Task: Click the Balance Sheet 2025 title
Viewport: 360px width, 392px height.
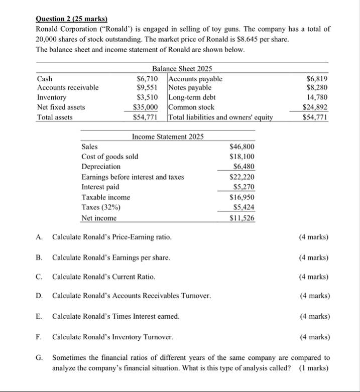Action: coord(182,69)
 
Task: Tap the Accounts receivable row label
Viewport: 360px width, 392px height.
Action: coord(68,88)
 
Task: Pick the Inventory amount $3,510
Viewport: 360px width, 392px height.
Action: coord(148,97)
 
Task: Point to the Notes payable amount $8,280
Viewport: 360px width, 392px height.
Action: coord(317,88)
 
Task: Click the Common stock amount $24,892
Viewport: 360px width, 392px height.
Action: coord(315,107)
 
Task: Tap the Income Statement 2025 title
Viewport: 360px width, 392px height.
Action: coord(168,137)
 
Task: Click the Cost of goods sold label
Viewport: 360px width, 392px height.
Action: coord(109,157)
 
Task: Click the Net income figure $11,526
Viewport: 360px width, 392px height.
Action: coord(242,218)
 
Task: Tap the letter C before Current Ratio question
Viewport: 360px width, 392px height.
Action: coord(39,277)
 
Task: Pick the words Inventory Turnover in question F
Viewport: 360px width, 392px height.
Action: coord(143,336)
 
